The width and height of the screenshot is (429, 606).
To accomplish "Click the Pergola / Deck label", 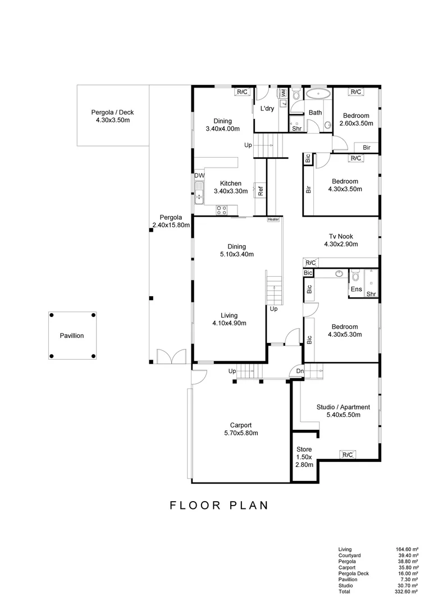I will click(x=112, y=116).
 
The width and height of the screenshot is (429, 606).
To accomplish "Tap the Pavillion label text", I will click(x=72, y=336).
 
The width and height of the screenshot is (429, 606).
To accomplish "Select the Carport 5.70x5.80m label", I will click(x=244, y=429).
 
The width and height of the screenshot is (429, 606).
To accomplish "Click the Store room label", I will click(x=304, y=457).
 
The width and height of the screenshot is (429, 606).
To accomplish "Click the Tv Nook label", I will click(x=341, y=240).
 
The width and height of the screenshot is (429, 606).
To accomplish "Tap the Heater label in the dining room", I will click(x=273, y=219).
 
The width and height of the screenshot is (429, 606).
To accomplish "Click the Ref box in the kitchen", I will click(x=261, y=190).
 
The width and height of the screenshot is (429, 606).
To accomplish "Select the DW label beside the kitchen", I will click(x=199, y=176).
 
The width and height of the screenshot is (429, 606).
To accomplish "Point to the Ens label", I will click(x=357, y=290).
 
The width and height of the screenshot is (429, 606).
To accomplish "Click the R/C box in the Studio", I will click(x=348, y=454).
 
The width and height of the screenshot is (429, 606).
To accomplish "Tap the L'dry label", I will click(x=266, y=109).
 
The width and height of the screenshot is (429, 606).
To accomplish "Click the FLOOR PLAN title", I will click(x=219, y=505).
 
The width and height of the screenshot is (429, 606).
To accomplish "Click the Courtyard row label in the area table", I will click(x=349, y=555).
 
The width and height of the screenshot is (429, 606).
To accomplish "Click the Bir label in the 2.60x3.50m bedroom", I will click(x=366, y=147).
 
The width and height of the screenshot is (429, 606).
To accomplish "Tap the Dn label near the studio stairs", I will click(x=300, y=371).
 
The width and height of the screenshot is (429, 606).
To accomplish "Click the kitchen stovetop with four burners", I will click(x=222, y=210).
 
